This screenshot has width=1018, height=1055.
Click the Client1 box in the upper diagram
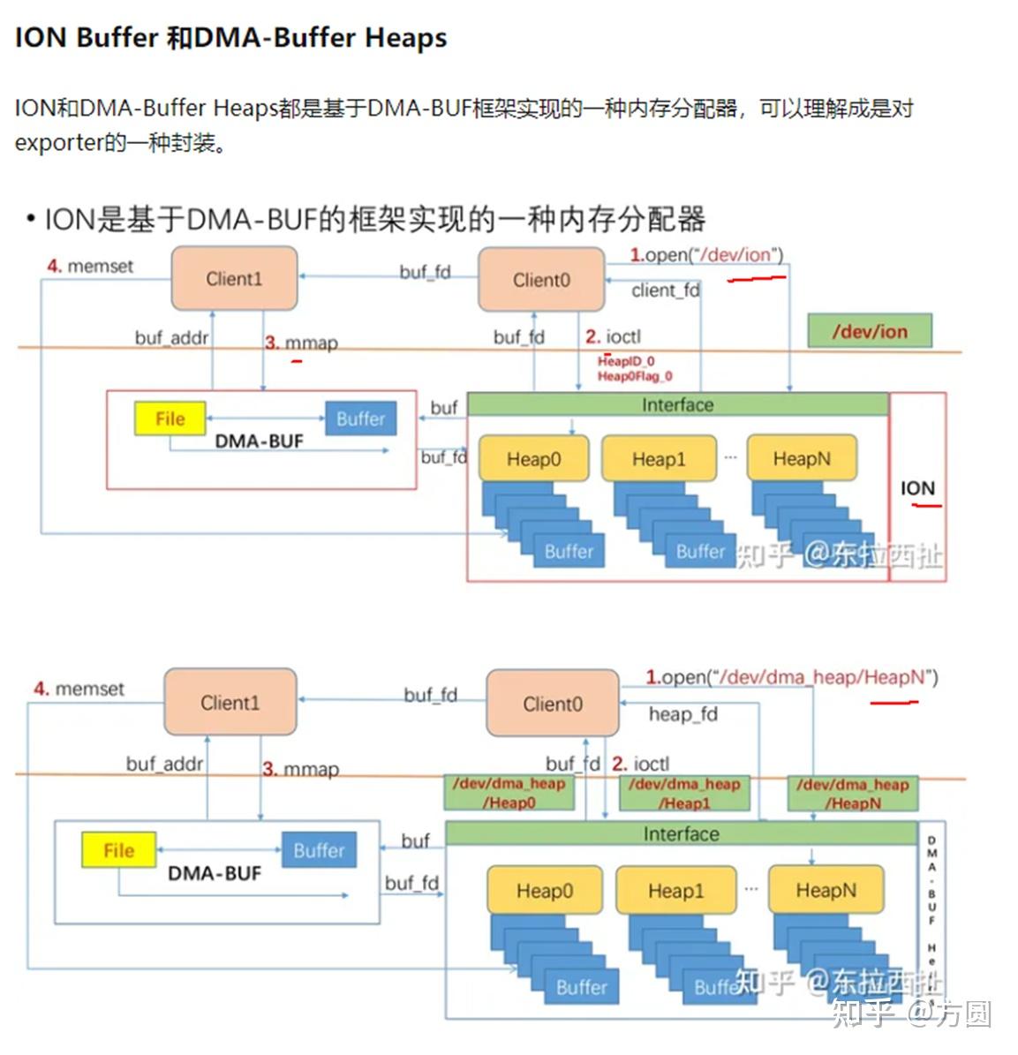coord(234,279)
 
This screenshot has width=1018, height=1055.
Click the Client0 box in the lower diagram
coord(552,704)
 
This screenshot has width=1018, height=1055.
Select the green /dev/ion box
coord(869,332)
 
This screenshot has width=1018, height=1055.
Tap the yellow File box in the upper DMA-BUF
coord(170,418)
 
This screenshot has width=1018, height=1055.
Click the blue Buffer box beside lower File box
coord(319,850)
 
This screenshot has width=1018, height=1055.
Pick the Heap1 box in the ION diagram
coord(658,459)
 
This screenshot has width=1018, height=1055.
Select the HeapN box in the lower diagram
coord(826,890)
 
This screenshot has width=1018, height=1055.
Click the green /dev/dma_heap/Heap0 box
coord(509,793)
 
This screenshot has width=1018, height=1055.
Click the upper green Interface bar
coord(677,405)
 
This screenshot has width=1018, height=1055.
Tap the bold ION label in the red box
coord(917,488)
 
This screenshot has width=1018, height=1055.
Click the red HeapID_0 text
coord(626,361)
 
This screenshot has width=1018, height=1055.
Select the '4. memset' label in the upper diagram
coord(90,266)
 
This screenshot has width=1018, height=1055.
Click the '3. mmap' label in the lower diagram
coord(300,769)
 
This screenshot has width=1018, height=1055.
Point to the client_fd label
coord(665,290)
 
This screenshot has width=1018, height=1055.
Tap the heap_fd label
coord(682,714)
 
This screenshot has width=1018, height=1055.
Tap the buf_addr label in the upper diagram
coord(171,337)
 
